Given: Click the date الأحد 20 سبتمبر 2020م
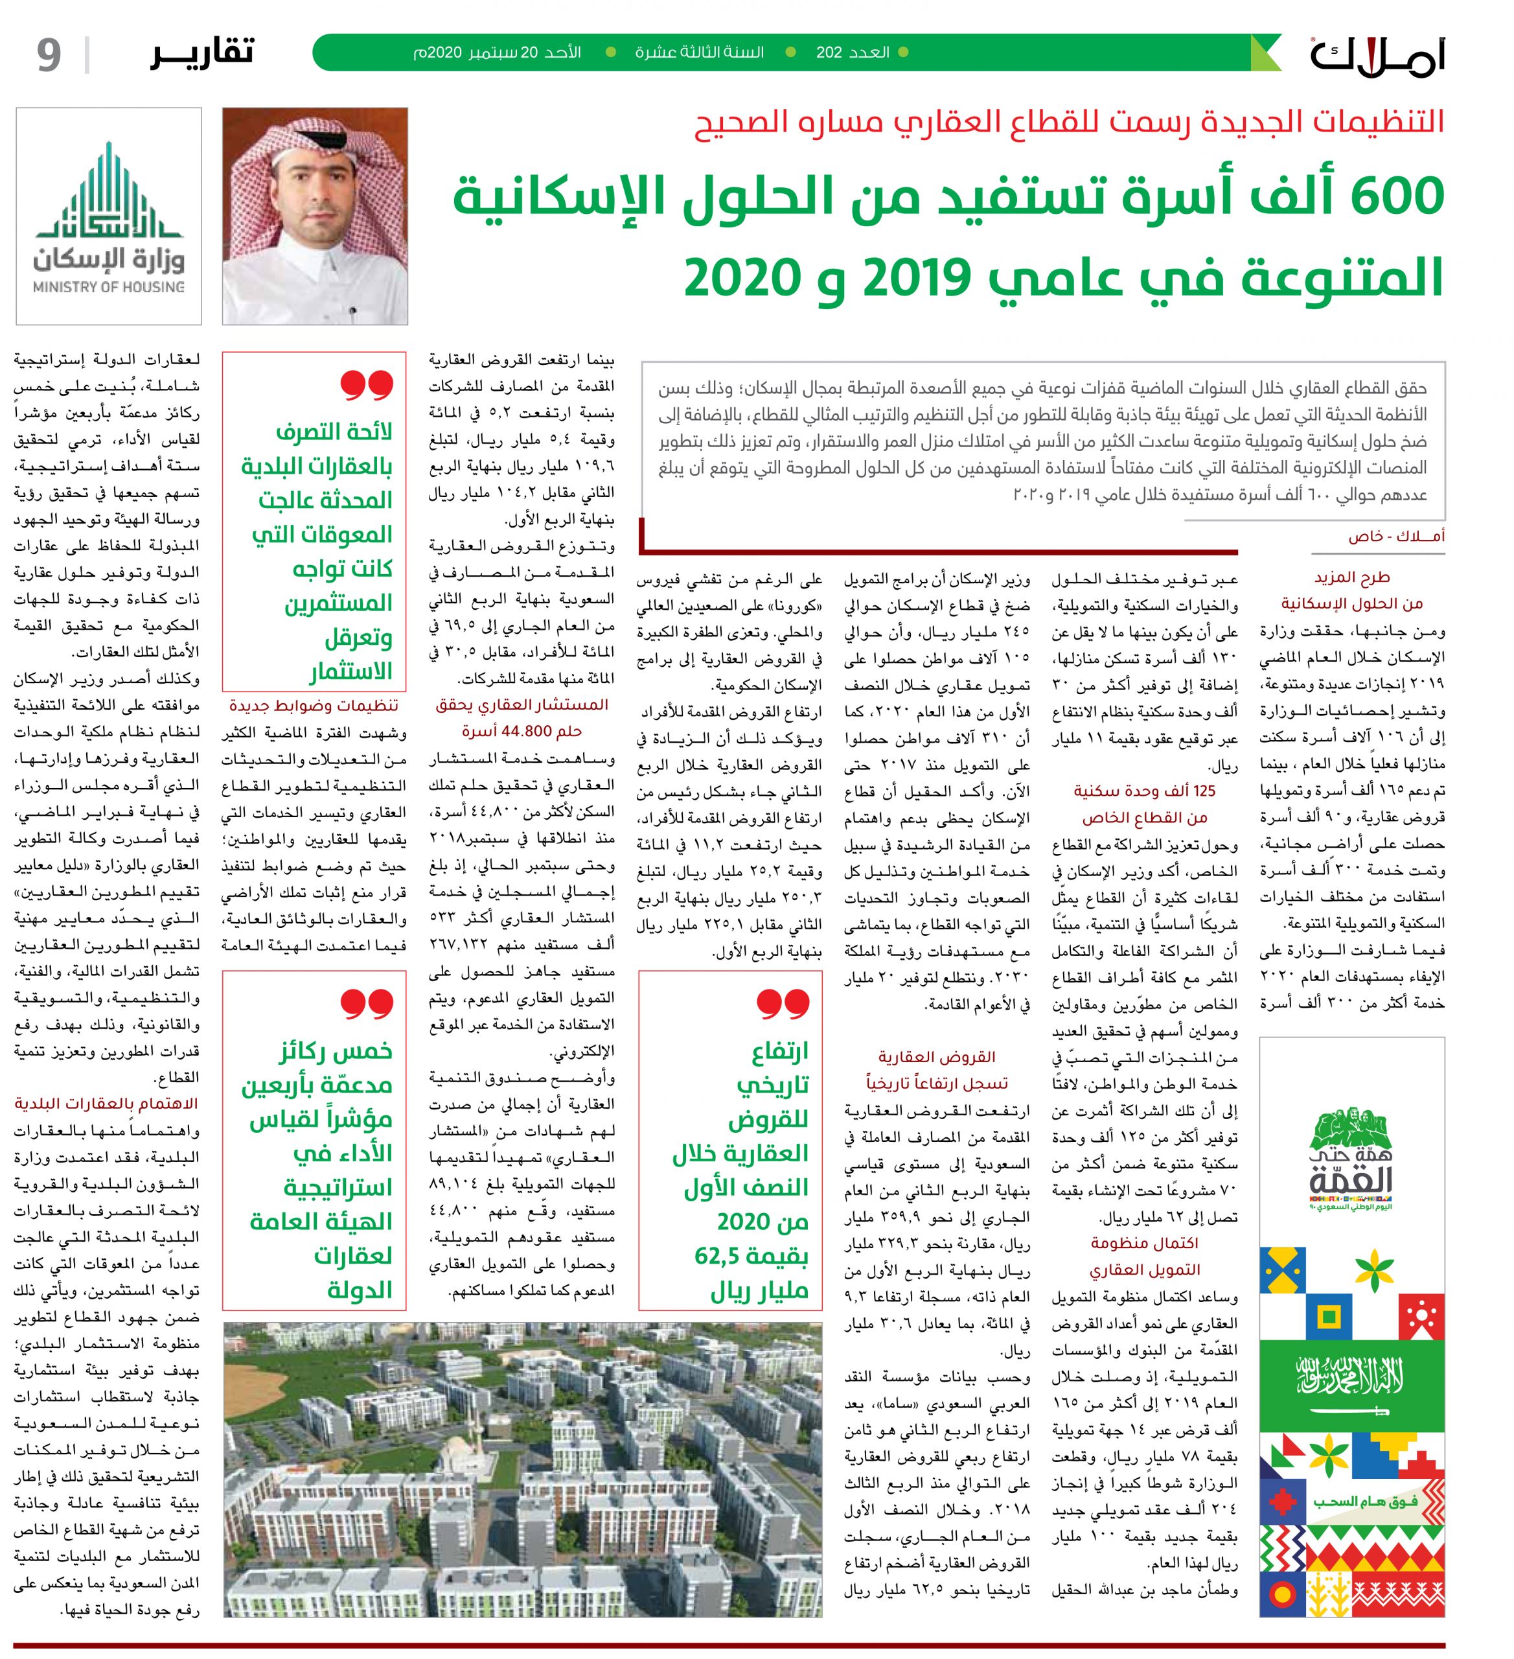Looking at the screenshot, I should coord(497,52).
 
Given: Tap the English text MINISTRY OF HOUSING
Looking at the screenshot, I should coord(109,287).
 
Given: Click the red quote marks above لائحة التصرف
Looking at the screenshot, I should coord(367,384).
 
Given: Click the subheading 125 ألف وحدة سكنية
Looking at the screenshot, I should coord(1143,791).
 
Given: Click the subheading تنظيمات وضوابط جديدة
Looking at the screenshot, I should coord(314,705).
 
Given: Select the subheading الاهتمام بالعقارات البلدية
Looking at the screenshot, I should coord(106,1104).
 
